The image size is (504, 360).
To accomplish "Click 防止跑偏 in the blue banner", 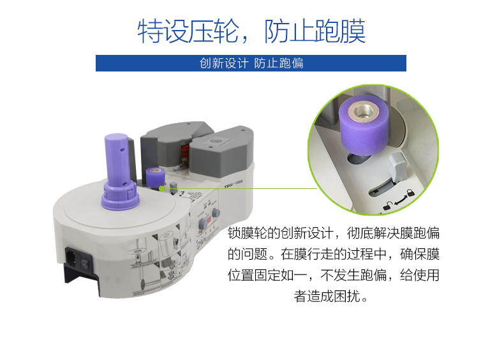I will (x=279, y=63).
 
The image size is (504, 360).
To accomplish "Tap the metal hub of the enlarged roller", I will (x=367, y=110).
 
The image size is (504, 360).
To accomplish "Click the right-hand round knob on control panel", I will (x=216, y=212).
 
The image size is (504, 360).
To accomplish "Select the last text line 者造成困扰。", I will (x=333, y=297).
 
